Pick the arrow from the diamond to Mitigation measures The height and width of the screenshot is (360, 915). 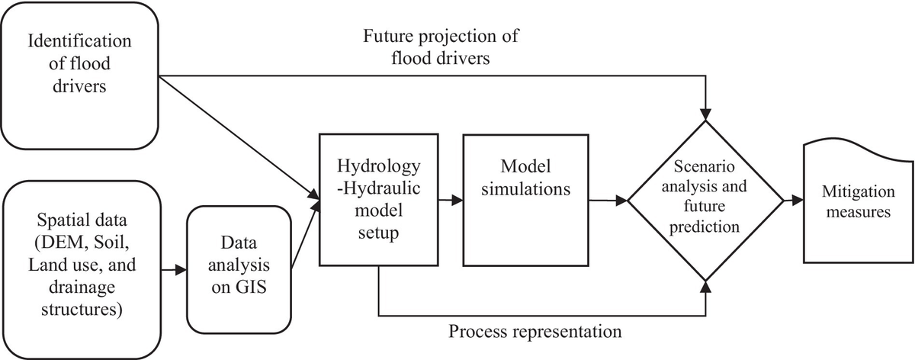click(793, 200)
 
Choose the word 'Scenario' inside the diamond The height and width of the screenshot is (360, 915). click(707, 167)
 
